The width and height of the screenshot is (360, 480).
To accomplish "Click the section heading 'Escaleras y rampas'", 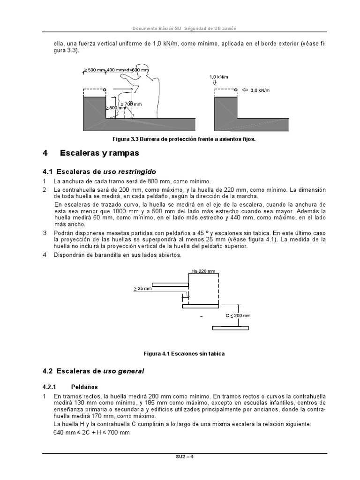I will click(x=99, y=153).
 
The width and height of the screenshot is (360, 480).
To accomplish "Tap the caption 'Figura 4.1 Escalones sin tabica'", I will click(x=184, y=353).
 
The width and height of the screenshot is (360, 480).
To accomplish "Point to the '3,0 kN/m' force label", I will click(x=261, y=90).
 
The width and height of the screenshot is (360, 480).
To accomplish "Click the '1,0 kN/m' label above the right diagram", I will click(x=218, y=76).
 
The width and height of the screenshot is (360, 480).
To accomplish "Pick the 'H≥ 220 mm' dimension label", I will click(x=203, y=271).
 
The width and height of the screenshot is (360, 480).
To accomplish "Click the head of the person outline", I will click(x=145, y=69).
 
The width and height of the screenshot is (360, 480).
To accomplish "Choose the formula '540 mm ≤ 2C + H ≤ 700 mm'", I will click(x=91, y=432).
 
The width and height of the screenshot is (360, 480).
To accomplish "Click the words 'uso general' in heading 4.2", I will click(x=124, y=371).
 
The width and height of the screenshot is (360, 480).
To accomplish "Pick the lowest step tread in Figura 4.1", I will click(x=230, y=328).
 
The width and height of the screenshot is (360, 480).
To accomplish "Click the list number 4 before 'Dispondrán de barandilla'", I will click(x=45, y=255).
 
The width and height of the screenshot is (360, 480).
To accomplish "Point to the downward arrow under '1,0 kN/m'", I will click(x=215, y=82).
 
